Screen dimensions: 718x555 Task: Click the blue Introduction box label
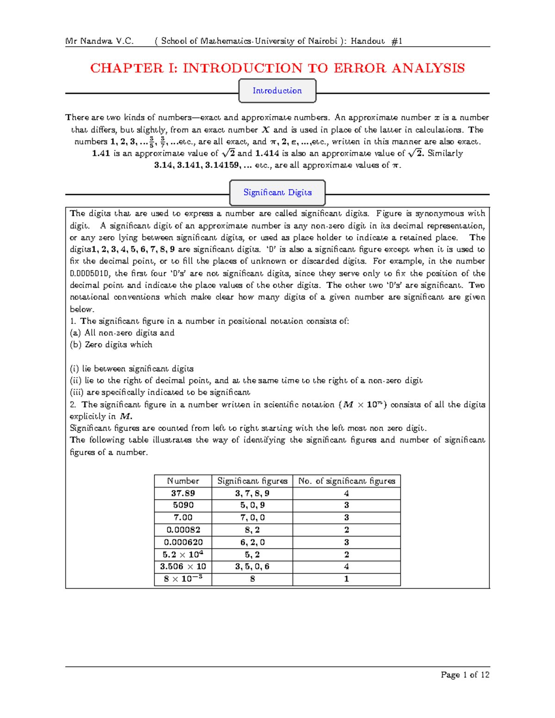(x=277, y=91)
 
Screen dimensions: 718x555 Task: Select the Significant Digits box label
(x=277, y=192)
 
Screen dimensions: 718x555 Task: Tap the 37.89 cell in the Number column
(x=183, y=493)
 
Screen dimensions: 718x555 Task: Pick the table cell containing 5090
(x=183, y=505)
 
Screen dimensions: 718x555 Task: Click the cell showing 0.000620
(x=183, y=542)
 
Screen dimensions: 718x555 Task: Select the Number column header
(x=183, y=481)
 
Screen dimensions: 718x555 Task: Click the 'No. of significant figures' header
(x=346, y=481)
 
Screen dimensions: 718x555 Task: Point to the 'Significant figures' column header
(x=252, y=481)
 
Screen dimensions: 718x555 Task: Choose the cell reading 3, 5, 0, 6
(x=252, y=566)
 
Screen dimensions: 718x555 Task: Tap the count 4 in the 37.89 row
(x=346, y=493)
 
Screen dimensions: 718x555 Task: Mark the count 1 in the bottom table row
(x=346, y=579)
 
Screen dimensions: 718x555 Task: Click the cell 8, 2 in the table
(x=252, y=530)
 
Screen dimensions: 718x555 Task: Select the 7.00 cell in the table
(x=183, y=517)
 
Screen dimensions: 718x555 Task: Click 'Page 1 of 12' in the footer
(x=465, y=675)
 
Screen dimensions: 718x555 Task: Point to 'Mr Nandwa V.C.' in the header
(x=99, y=41)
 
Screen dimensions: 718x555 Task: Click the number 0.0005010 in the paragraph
(x=90, y=273)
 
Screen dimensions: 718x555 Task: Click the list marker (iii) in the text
(x=76, y=393)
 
